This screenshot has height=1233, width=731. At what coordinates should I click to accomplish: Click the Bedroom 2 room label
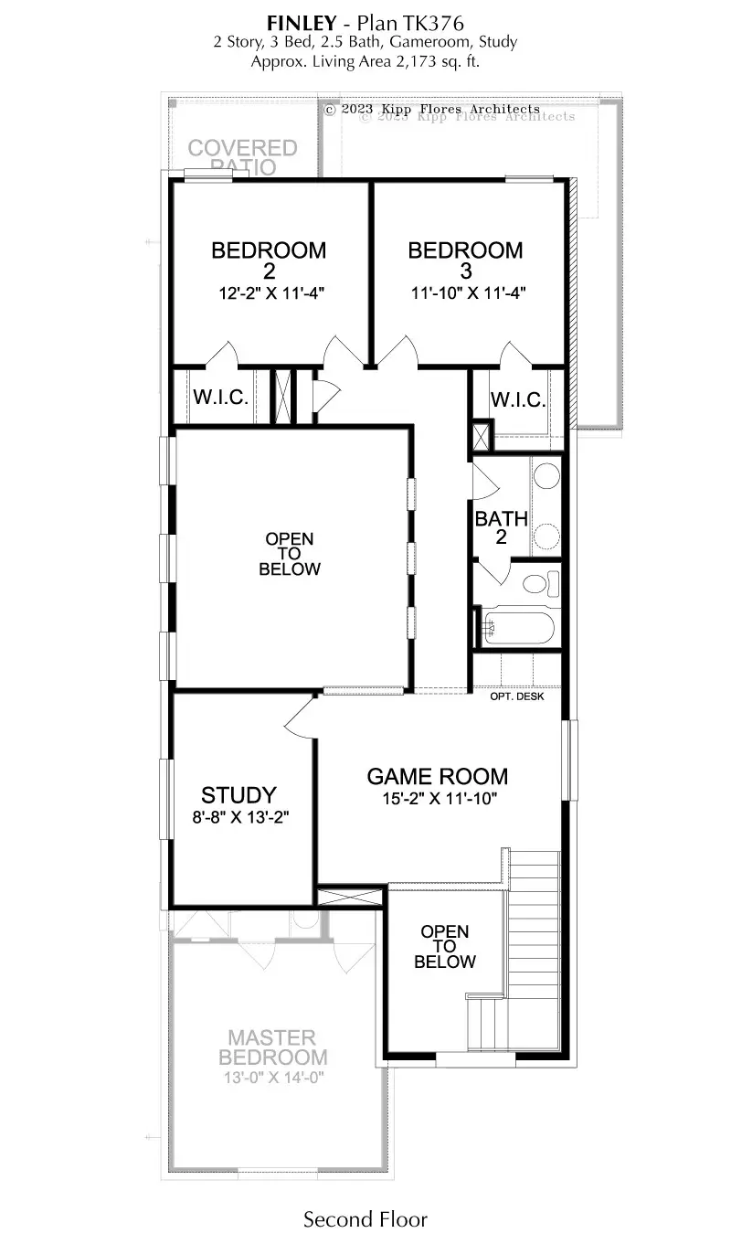[269, 260]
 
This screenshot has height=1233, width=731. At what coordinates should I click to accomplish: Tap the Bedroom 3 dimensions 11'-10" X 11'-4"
[469, 292]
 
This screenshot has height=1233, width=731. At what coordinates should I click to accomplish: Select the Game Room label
[438, 776]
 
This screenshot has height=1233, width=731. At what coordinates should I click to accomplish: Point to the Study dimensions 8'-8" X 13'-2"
[240, 817]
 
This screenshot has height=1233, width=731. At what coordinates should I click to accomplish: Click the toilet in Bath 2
[542, 583]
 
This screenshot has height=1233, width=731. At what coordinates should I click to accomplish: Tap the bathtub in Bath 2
[517, 628]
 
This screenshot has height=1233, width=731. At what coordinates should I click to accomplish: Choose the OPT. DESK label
[517, 696]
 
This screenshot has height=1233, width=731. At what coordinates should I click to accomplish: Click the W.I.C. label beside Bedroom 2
[221, 397]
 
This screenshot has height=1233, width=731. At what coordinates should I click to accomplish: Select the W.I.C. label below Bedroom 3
[518, 399]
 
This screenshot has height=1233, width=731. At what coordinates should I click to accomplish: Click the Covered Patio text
[243, 156]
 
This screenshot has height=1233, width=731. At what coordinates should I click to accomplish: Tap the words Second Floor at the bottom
[365, 1218]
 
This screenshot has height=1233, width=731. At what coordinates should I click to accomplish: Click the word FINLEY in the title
[302, 23]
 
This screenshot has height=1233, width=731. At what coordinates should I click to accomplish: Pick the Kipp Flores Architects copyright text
[432, 109]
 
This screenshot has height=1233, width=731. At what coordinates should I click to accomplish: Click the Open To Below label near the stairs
[445, 946]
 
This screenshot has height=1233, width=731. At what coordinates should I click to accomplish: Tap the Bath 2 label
[501, 527]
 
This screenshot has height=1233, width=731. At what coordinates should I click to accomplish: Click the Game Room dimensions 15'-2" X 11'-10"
[440, 798]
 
